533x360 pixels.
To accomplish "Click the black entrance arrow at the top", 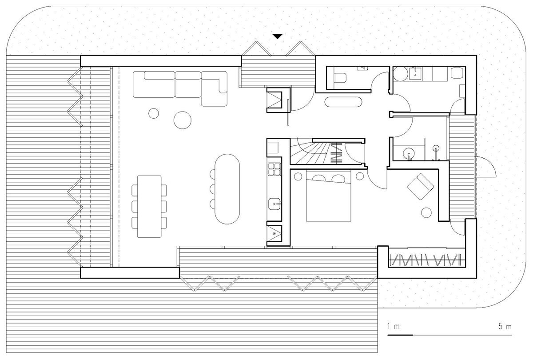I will [x=278, y=36].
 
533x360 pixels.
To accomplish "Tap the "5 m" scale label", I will [x=505, y=327].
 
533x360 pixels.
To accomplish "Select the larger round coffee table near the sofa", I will [x=182, y=119].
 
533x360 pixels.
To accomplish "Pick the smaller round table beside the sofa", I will [x=154, y=113].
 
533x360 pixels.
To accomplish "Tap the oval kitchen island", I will [x=226, y=188].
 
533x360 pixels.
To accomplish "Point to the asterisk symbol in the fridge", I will [x=274, y=233].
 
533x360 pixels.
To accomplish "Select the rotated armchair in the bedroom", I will [x=420, y=186].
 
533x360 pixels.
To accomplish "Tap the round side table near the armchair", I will [x=428, y=212].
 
